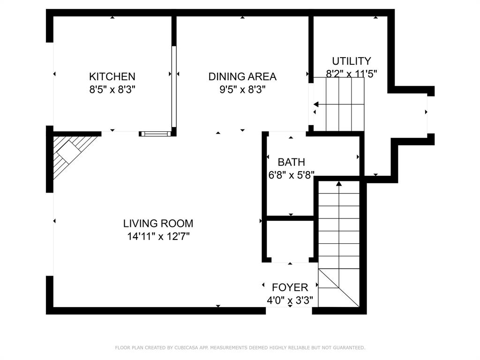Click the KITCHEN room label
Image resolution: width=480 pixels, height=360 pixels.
click(112, 76)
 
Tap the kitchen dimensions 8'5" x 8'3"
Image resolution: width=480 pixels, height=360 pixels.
click(112, 89)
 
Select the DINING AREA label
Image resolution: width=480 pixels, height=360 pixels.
click(242, 76)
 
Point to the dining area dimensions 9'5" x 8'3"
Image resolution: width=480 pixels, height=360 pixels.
click(242, 89)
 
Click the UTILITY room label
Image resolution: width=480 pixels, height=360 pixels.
click(351, 61)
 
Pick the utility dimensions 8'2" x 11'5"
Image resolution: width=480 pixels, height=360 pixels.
click(351, 74)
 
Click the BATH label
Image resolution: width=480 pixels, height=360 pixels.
click(291, 162)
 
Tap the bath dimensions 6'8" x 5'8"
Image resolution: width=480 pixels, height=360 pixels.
click(291, 175)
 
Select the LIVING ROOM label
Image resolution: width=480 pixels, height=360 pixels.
click(158, 224)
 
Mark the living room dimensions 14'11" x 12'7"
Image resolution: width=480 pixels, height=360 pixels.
click(158, 236)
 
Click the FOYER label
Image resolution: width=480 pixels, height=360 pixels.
click(290, 287)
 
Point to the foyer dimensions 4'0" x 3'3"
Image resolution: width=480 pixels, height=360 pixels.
click(290, 300)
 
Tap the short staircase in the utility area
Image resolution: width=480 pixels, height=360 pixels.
click(338, 105)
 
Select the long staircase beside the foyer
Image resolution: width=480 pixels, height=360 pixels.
click(339, 244)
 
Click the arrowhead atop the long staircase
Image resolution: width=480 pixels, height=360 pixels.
click(339, 184)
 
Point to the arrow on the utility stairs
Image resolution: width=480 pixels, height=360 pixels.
click(315, 105)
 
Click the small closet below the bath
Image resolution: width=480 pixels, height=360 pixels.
click(290, 240)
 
